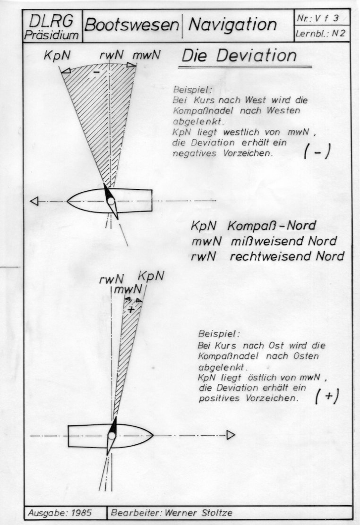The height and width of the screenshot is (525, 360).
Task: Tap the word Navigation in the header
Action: coord(232,25)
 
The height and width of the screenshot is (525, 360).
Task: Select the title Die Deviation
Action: coord(239,56)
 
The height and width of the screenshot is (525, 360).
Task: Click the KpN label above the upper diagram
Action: coord(58,55)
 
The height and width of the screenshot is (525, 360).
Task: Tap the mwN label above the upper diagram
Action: coord(146,55)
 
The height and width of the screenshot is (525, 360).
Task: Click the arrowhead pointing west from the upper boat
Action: coord(34,201)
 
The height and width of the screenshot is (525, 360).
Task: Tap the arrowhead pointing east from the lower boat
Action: coord(231,435)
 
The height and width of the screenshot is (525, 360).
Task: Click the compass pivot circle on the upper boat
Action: coord(111,201)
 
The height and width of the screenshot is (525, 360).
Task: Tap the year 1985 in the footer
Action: coord(81,512)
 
